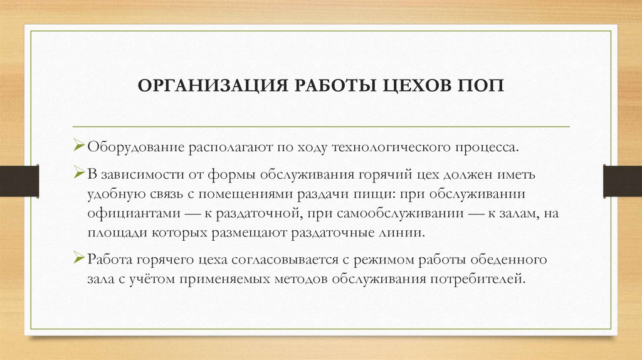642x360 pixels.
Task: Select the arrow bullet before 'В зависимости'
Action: point(78,172)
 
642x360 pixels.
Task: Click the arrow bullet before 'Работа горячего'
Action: point(78,258)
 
